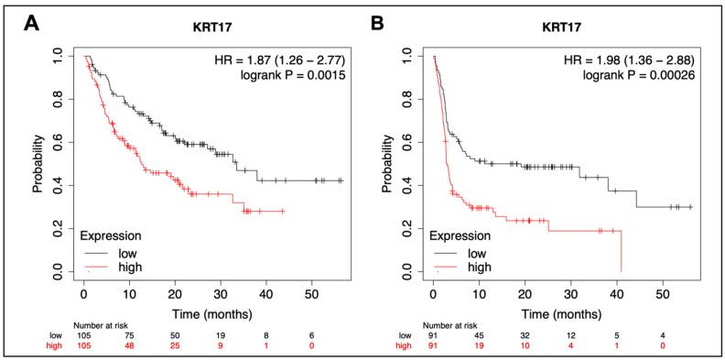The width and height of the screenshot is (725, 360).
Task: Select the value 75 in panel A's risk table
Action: tap(130, 335)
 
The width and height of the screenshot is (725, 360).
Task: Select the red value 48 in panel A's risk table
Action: tap(130, 347)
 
